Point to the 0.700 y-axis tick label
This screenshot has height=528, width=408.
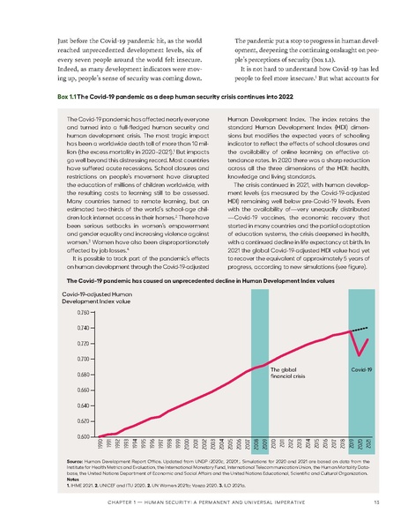click(x=81, y=359)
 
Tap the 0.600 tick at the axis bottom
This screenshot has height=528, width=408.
click(x=81, y=437)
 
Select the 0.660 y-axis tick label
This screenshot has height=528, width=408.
click(x=81, y=390)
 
